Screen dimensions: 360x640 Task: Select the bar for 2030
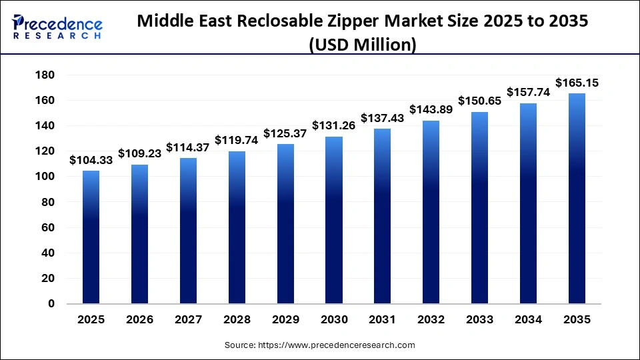tap(334, 220)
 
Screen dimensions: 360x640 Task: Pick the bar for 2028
tap(237, 227)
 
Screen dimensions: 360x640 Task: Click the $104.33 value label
tap(91, 160)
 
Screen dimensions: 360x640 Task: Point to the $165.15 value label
tap(577, 83)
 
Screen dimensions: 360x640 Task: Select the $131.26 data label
tap(334, 126)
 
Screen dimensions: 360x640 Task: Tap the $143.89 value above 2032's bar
tap(431, 109)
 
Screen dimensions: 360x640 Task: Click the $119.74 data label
tap(237, 141)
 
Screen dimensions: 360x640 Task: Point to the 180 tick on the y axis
tap(45, 75)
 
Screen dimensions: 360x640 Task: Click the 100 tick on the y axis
tap(45, 177)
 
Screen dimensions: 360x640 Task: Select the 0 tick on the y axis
tap(51, 304)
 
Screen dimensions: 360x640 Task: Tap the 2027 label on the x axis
tap(188, 320)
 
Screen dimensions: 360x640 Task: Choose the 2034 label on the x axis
tap(529, 320)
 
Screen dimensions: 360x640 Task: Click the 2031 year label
tap(383, 320)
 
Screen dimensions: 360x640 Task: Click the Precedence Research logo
tap(57, 27)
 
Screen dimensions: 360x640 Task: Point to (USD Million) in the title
tap(363, 45)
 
